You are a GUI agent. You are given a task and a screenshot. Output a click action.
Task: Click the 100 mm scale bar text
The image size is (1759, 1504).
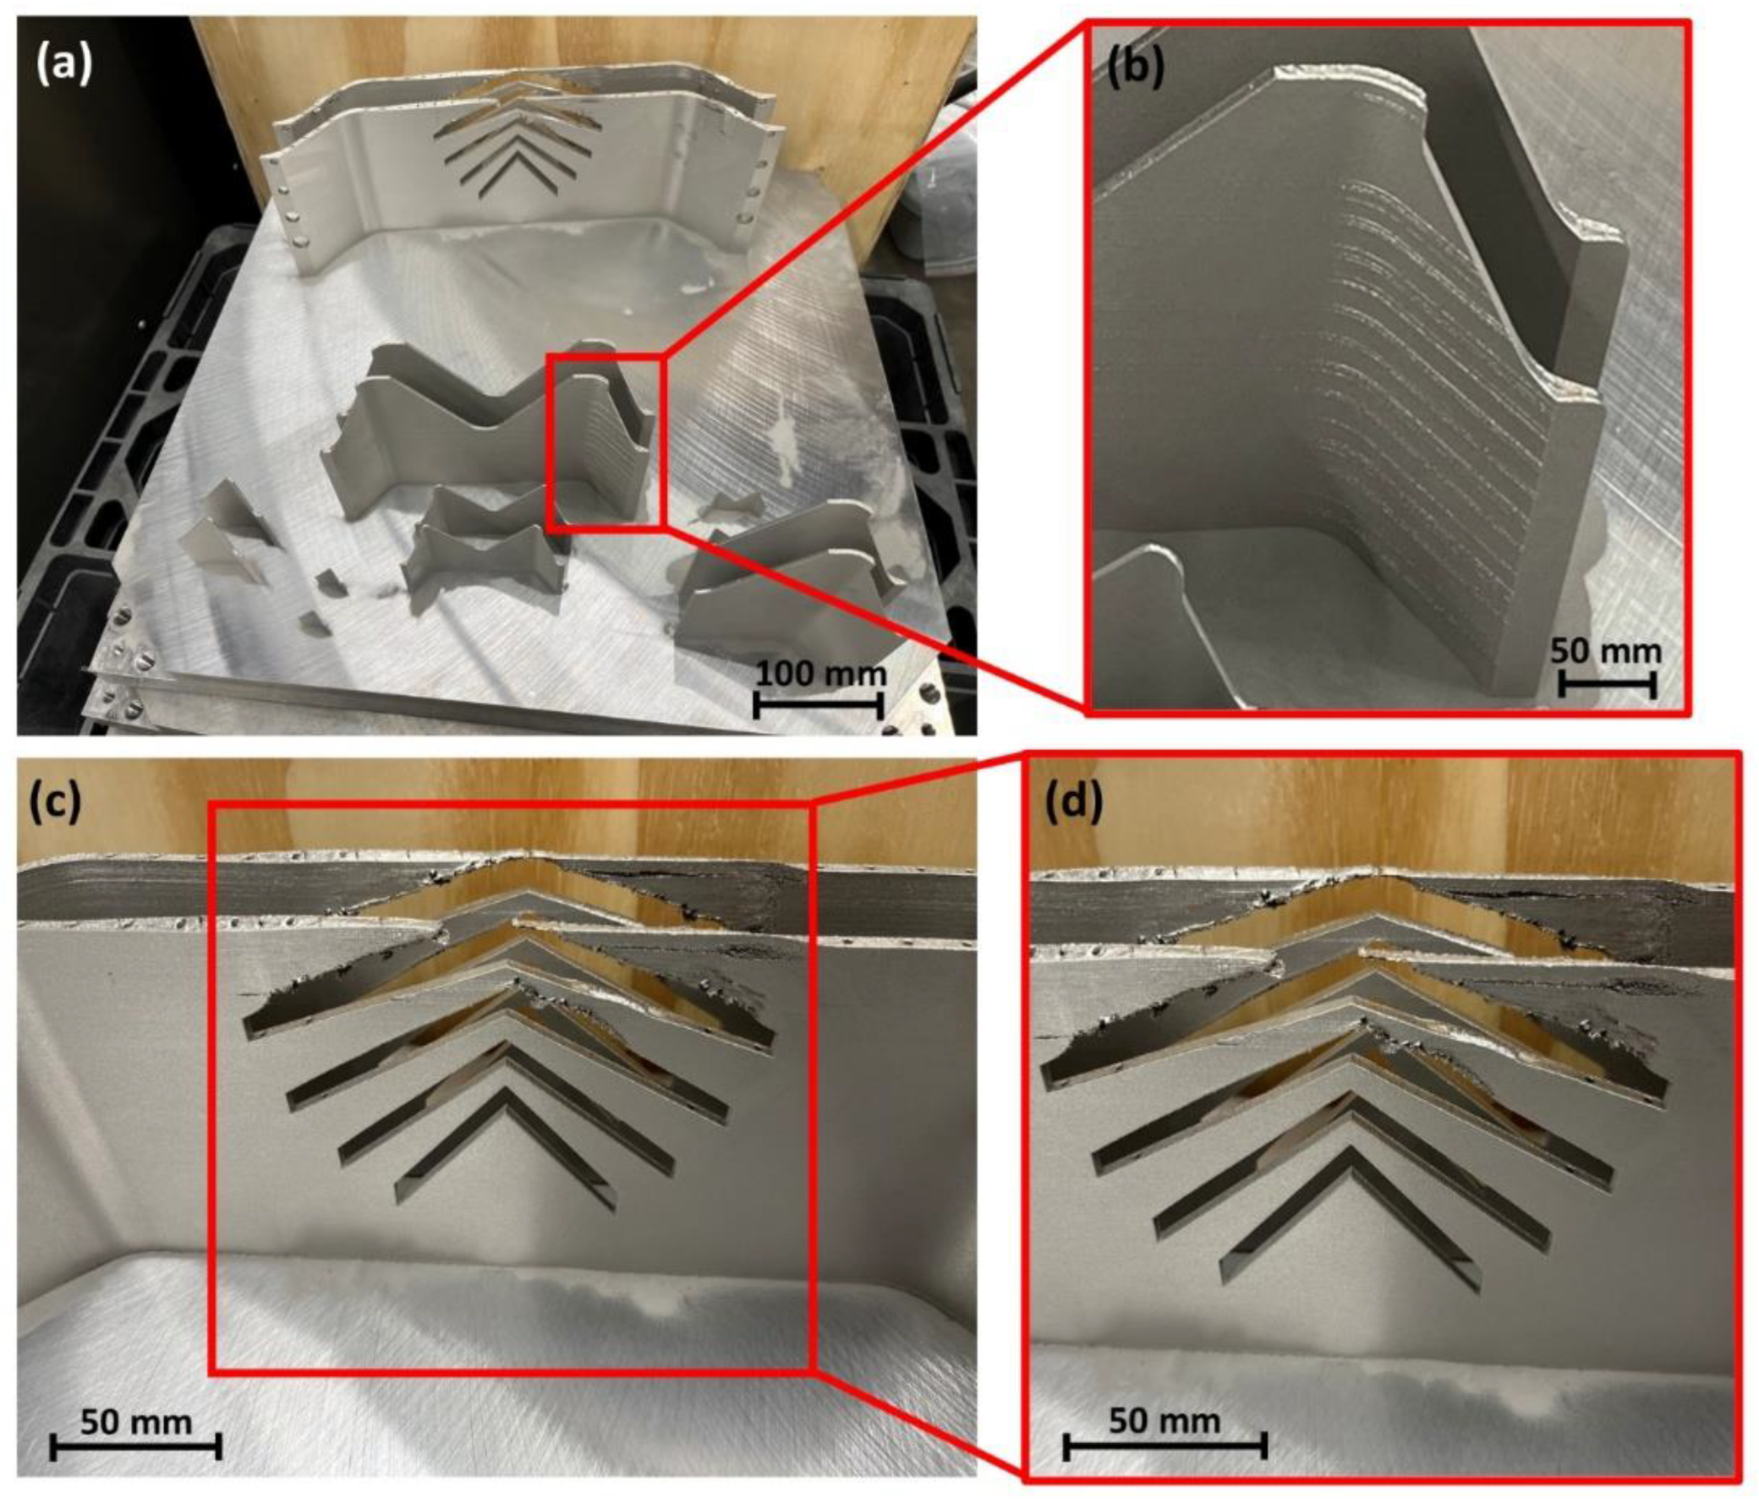(820, 674)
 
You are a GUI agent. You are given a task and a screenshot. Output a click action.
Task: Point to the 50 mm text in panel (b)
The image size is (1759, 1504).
(1605, 651)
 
